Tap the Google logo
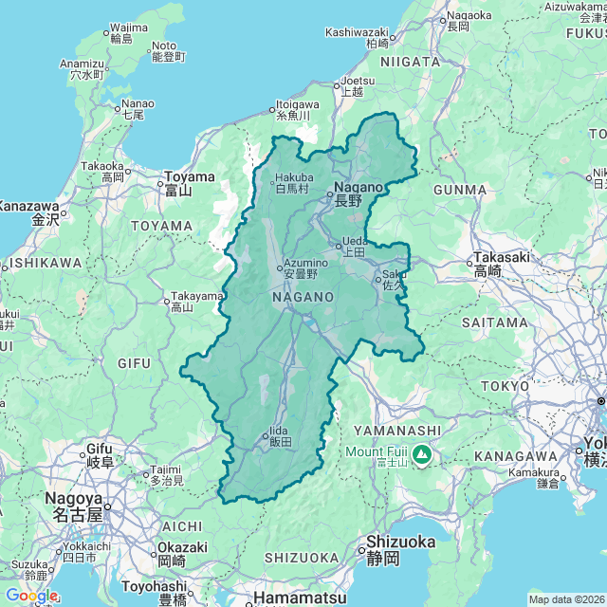(31, 596)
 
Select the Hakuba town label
(292, 182)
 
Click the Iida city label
(279, 436)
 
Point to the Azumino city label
(303, 267)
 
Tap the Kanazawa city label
(30, 212)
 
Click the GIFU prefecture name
(133, 362)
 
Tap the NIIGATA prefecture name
(410, 62)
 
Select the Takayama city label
(195, 301)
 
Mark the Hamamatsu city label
(288, 598)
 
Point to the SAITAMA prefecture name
(494, 322)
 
